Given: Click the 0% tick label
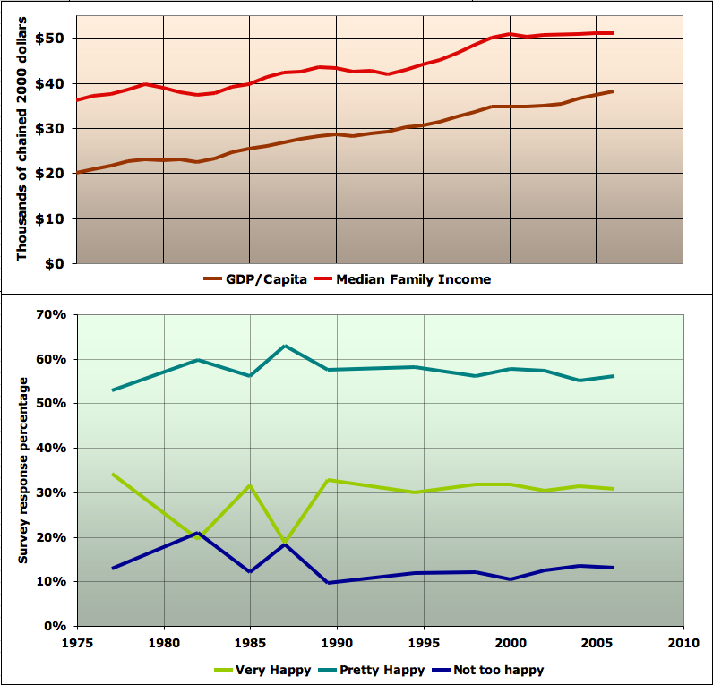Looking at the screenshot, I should (56, 626).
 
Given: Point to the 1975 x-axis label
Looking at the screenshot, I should (78, 642).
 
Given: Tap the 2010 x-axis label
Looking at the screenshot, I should (683, 642).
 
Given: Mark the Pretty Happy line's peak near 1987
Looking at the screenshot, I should (285, 346).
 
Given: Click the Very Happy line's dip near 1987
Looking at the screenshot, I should (285, 543).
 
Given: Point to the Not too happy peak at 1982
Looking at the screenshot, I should (198, 533).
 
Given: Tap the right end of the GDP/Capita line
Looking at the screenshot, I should (613, 91).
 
